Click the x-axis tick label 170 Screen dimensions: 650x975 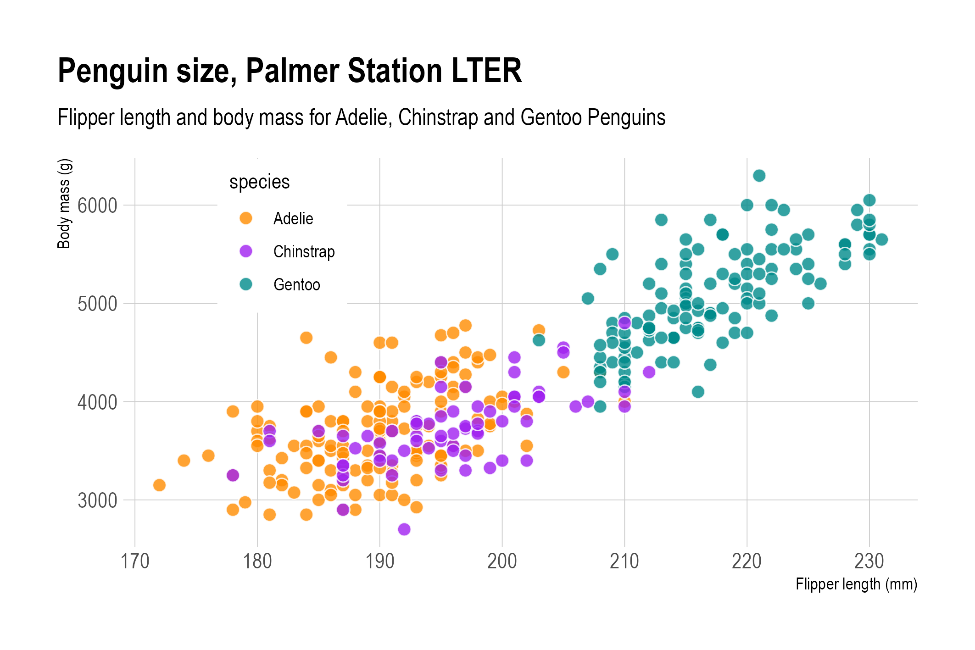coord(135,561)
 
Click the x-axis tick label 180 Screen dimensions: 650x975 coord(257,561)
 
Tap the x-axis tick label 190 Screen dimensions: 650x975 coord(380,561)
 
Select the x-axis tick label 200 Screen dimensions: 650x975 coord(502,561)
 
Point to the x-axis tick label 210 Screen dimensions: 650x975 coord(624,561)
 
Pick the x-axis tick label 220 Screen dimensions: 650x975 coord(747,561)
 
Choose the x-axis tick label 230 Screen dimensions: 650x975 coord(869,561)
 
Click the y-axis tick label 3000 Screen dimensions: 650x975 coord(97,500)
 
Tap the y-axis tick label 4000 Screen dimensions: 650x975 coord(97,402)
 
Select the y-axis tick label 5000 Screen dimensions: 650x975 coord(97,304)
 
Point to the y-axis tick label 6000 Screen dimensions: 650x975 coord(97,206)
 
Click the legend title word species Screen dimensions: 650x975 coord(259,183)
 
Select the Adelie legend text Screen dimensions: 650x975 coord(293,219)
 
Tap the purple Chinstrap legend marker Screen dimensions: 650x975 coord(246,251)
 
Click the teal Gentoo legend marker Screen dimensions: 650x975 coord(246,284)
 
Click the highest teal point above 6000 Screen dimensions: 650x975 coord(759,176)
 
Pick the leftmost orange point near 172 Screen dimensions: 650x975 coord(159,485)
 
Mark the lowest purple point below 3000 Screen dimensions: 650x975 coord(404,529)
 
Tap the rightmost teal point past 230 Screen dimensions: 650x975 coord(881,239)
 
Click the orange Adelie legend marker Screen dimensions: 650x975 coord(246,218)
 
